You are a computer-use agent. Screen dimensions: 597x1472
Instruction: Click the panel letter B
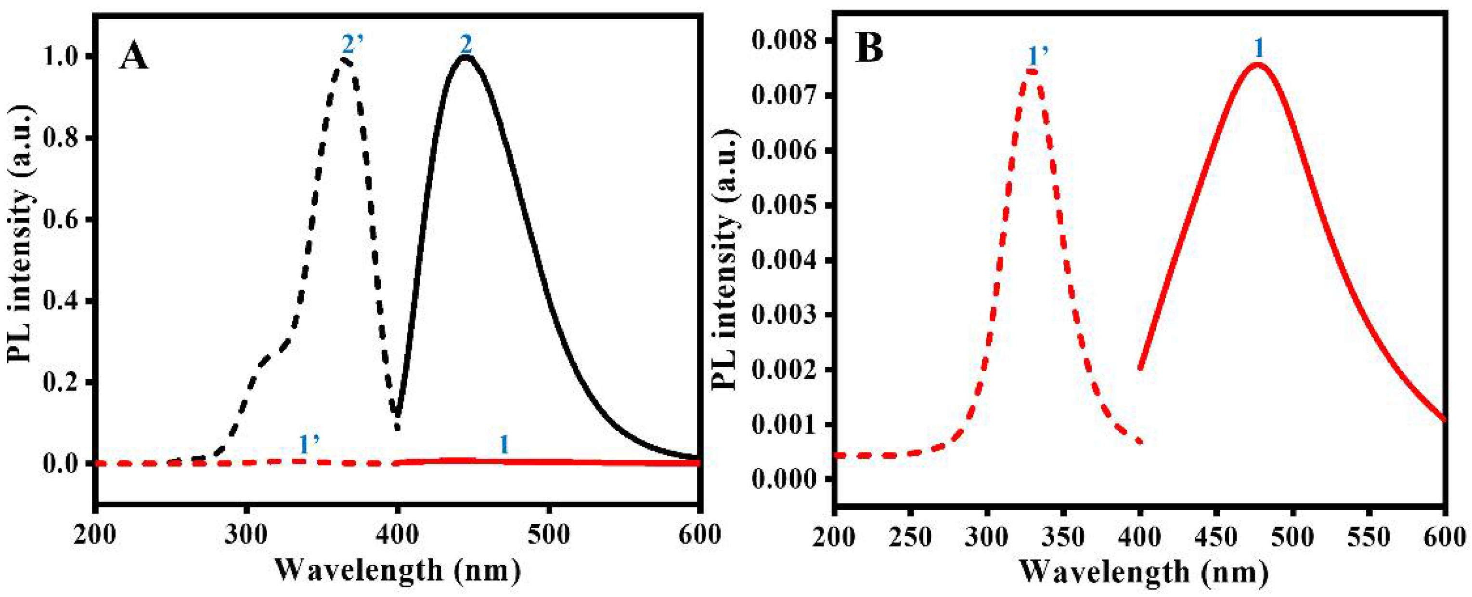tap(869, 49)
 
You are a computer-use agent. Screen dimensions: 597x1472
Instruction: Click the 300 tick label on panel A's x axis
tap(246, 535)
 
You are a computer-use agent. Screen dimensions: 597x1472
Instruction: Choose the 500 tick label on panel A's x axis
tap(549, 535)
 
